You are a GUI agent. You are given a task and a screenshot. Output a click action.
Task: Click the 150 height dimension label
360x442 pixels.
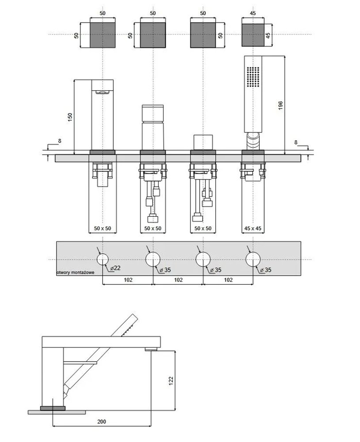(70, 117)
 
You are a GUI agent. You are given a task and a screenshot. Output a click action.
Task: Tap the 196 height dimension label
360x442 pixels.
(280, 106)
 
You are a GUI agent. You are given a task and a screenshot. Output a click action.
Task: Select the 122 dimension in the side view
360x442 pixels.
(171, 381)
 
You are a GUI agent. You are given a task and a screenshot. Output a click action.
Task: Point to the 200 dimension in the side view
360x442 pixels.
(102, 422)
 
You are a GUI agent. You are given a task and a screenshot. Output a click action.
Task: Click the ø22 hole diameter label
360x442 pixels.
(115, 268)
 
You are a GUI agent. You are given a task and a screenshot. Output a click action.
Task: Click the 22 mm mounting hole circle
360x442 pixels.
(103, 259)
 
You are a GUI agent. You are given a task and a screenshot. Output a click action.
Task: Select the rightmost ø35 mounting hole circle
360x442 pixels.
(253, 259)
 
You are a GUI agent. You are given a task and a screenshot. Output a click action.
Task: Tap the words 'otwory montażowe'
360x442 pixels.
(76, 273)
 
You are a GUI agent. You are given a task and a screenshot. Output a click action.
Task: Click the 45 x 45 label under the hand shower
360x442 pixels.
(253, 229)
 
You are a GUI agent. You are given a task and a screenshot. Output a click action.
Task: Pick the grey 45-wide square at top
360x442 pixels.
(253, 35)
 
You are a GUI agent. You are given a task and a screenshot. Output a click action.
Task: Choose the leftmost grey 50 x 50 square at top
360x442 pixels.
(102, 35)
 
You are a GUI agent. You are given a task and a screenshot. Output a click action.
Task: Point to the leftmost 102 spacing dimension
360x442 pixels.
(128, 280)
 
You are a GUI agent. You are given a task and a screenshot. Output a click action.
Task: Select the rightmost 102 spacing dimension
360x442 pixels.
(228, 280)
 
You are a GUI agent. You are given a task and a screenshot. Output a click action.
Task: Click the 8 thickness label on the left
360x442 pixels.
(60, 141)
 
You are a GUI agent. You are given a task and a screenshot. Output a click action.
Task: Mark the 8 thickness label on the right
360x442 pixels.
(296, 142)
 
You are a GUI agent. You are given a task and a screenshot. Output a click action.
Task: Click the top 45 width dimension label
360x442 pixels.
(253, 13)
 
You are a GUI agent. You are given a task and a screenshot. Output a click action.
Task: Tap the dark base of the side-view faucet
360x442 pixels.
(53, 408)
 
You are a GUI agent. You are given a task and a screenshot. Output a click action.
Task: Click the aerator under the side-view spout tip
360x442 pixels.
(151, 350)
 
